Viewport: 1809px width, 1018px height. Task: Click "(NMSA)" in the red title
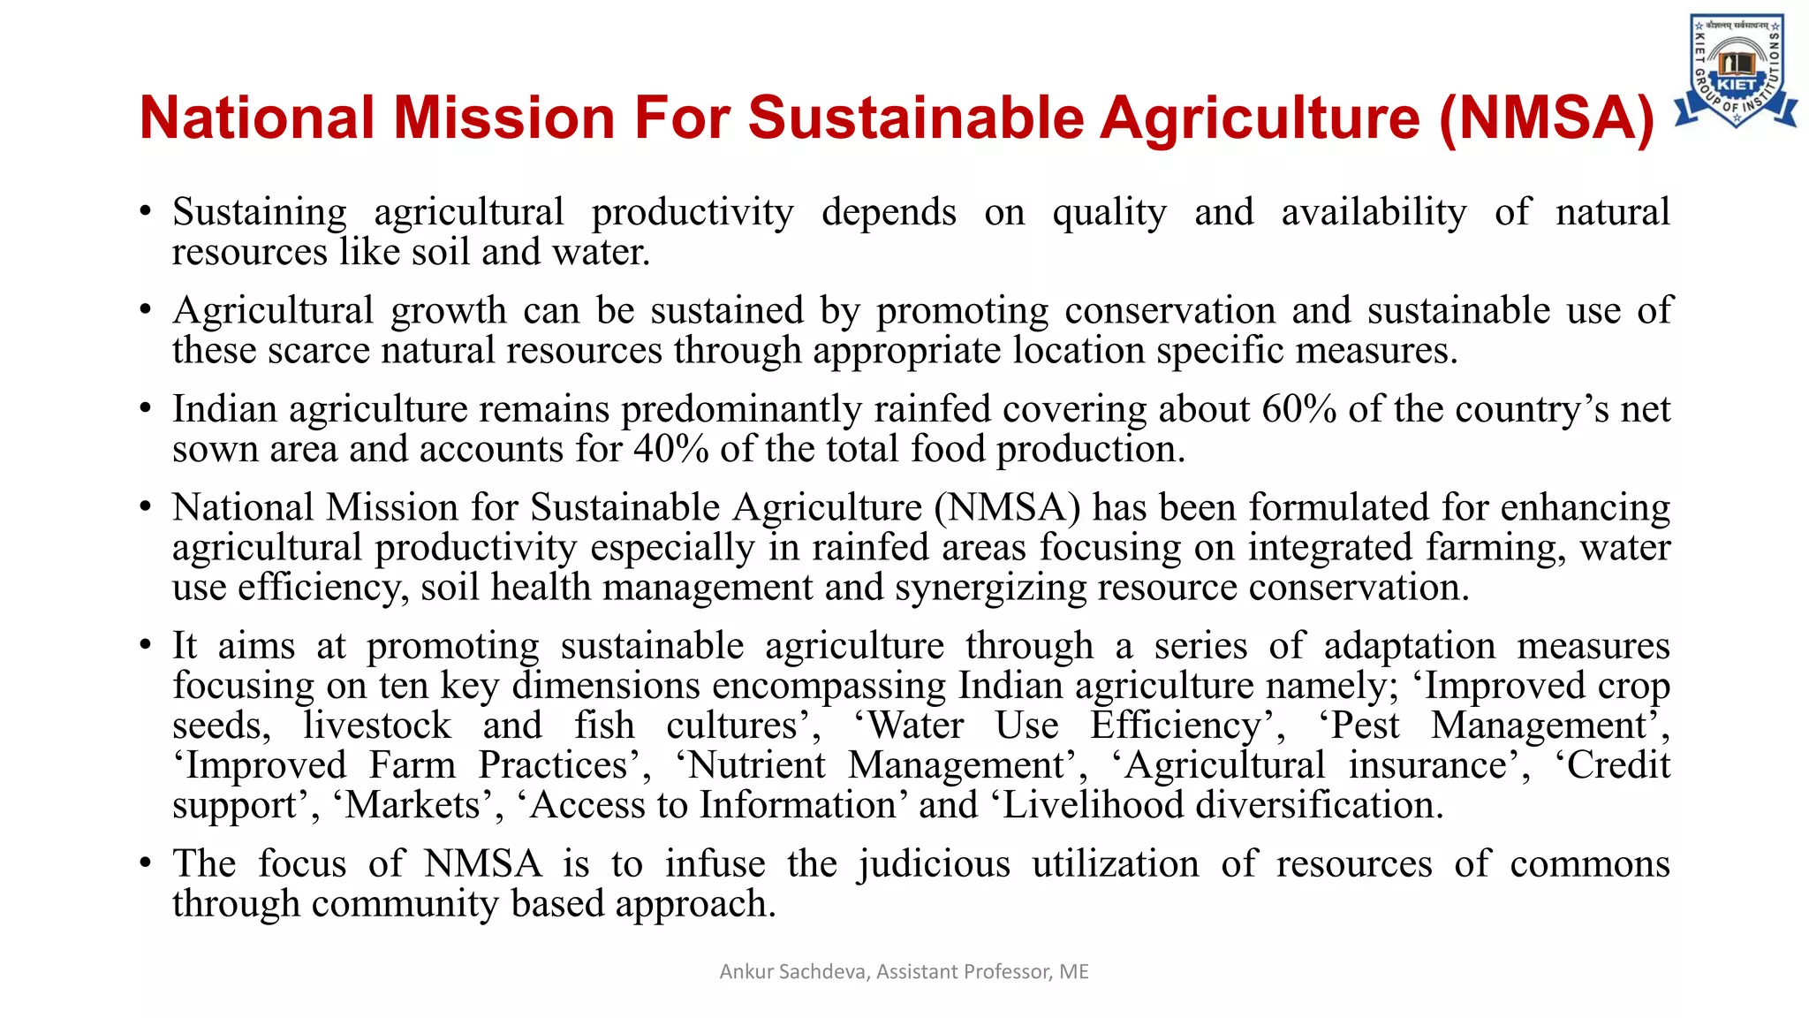[x=1546, y=118]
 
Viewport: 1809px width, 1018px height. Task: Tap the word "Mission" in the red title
[x=503, y=118]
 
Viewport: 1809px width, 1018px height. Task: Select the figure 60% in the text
[x=1298, y=409]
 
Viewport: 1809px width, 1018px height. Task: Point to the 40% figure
[x=671, y=449]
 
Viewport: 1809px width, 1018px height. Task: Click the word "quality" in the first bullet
[x=1109, y=213]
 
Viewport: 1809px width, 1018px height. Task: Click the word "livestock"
[x=377, y=726]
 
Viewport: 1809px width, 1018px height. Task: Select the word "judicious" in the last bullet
[x=933, y=864]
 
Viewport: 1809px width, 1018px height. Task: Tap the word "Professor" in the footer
[x=1009, y=972]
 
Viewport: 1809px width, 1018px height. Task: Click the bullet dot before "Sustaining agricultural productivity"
[x=146, y=213]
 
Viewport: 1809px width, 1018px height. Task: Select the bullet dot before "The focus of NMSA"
[x=146, y=864]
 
